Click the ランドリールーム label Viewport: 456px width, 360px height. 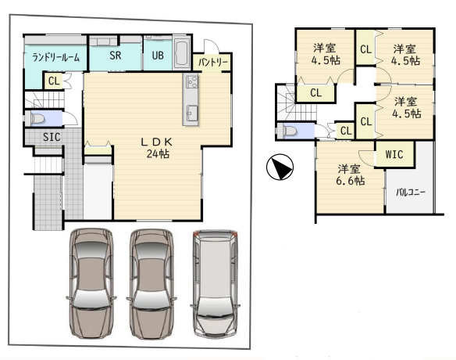[x=55, y=57]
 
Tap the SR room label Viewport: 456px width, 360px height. [x=116, y=56]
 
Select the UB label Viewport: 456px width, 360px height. [x=158, y=56]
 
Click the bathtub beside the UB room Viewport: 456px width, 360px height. [x=183, y=53]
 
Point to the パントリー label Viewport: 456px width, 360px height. [x=213, y=62]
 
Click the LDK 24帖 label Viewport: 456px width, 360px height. [x=158, y=147]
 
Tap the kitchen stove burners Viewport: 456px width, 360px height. [x=191, y=81]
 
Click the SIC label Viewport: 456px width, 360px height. [x=52, y=137]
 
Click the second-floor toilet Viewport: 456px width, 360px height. [x=288, y=131]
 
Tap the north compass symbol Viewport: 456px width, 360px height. [x=280, y=167]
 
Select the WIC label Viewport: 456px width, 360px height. [x=394, y=154]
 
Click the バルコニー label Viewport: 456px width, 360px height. [x=411, y=193]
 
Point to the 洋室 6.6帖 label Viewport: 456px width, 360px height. [x=350, y=175]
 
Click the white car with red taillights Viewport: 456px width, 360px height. [x=215, y=284]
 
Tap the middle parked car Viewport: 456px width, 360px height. [x=151, y=284]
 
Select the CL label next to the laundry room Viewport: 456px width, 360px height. [x=54, y=81]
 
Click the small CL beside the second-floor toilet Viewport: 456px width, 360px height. [x=346, y=131]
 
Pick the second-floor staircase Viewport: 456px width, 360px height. [x=296, y=103]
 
